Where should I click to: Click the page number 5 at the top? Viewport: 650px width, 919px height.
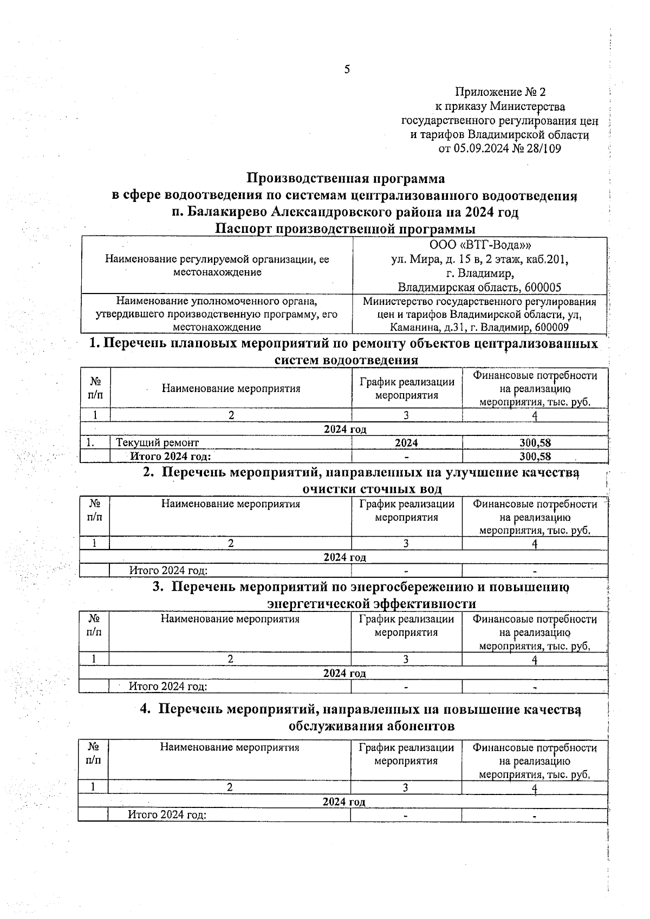point(347,69)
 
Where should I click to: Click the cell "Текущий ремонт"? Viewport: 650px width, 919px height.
point(157,443)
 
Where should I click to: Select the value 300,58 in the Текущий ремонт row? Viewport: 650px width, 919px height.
point(535,443)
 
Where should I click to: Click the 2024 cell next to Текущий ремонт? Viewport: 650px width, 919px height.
point(406,443)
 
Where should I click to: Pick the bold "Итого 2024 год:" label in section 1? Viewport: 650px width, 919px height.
point(170,457)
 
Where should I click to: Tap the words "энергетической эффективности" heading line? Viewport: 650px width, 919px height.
point(372,603)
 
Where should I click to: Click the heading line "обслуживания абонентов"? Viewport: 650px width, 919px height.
point(372,726)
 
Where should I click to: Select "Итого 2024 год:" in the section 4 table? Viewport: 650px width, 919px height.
point(167,814)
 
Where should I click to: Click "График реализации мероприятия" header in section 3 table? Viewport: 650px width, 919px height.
point(406,625)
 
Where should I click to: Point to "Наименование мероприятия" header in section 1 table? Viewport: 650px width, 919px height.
point(231,388)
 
